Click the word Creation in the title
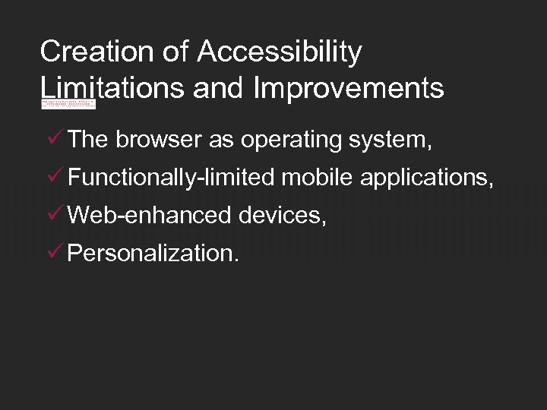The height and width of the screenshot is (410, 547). click(x=100, y=52)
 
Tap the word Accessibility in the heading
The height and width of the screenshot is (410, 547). click(x=280, y=52)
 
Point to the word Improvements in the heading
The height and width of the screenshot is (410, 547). click(x=349, y=89)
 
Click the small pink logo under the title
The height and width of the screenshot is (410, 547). click(x=68, y=103)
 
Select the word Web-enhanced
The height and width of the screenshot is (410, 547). click(x=150, y=216)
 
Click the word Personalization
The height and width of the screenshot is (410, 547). click(x=152, y=254)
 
